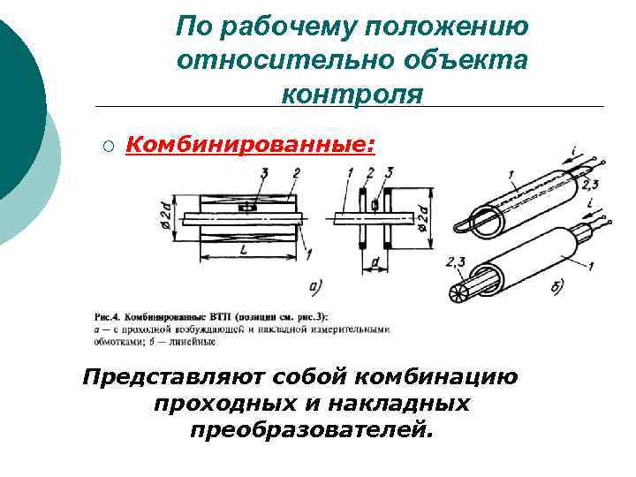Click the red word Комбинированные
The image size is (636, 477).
coord(250,145)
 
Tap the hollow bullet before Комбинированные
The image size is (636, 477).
coord(107,147)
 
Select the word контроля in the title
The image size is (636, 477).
coord(352,93)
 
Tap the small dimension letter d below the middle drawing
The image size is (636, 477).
coord(375,263)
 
